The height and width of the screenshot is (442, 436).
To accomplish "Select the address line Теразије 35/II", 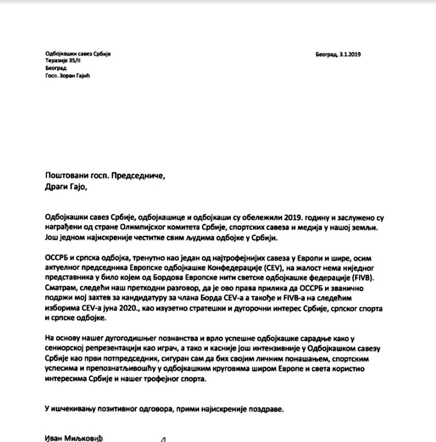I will (x=63, y=61).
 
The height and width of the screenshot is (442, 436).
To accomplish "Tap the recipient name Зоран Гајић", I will (x=78, y=75).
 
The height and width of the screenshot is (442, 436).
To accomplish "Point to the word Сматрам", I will (x=61, y=288).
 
